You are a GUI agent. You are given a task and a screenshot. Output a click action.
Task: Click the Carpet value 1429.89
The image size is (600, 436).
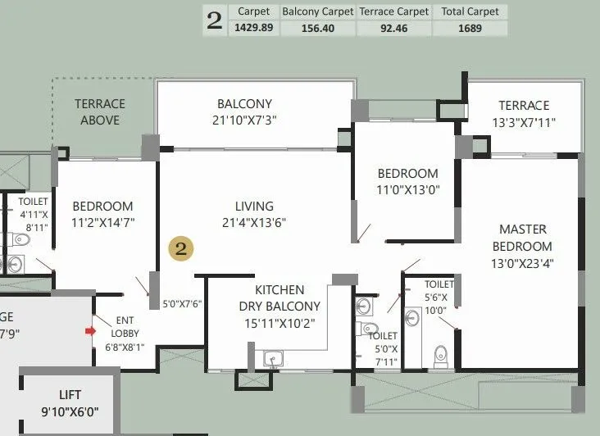click(x=254, y=28)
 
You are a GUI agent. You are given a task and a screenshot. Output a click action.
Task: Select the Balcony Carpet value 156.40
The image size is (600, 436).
click(x=317, y=28)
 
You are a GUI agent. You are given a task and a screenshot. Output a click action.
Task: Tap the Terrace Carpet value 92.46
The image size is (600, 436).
click(x=393, y=28)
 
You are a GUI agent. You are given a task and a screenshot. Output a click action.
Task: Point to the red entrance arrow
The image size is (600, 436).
click(x=90, y=331)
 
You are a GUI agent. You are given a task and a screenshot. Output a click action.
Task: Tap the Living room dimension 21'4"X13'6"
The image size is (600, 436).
click(x=254, y=222)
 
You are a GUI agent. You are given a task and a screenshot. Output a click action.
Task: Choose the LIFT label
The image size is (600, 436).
click(x=70, y=394)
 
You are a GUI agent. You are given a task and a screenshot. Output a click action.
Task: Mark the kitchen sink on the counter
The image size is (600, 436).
click(x=273, y=357)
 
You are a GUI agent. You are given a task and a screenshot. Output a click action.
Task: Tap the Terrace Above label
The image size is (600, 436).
click(x=100, y=112)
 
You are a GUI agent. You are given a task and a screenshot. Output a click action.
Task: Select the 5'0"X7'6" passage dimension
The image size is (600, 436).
click(x=180, y=303)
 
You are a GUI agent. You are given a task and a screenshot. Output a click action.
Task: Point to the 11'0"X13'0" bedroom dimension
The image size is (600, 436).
click(x=407, y=190)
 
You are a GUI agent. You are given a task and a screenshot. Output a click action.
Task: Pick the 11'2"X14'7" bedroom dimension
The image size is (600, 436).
click(x=102, y=222)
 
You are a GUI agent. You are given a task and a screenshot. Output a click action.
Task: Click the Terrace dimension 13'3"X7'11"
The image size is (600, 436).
click(x=525, y=123)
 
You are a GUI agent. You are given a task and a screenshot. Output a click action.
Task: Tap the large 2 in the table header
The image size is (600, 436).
click(x=215, y=21)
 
